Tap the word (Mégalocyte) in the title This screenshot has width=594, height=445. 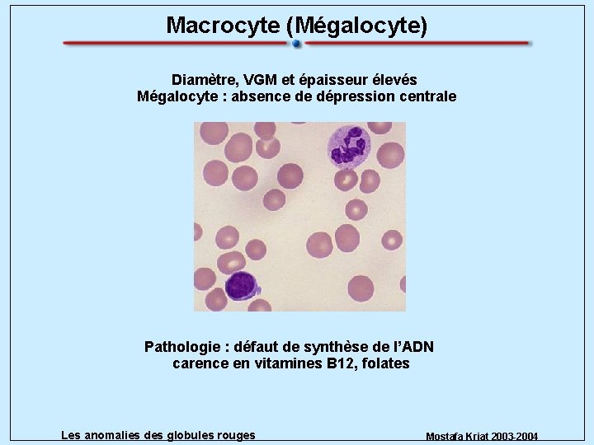click(356, 26)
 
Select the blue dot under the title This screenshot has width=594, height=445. click(296, 43)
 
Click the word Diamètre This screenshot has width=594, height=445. click(203, 80)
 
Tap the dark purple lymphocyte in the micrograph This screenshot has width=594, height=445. click(242, 285)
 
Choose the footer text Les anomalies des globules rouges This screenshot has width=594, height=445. click(158, 435)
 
